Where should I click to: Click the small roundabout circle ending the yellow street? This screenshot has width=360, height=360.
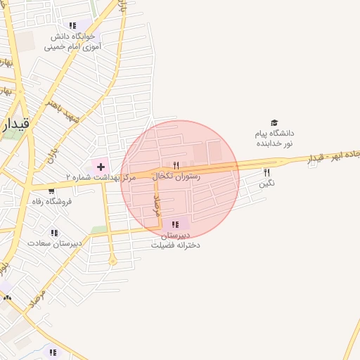point(112,261)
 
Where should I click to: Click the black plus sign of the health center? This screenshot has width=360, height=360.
point(101,167)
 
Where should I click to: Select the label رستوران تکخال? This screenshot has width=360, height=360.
point(176,176)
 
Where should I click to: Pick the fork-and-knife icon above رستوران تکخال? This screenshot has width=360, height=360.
point(176,166)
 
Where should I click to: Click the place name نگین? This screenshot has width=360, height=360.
point(266,183)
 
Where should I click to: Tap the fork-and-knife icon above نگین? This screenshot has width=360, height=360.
point(266,172)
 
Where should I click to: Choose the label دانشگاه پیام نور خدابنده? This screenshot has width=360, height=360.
point(274,138)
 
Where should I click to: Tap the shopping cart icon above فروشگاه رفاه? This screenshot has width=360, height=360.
point(51,191)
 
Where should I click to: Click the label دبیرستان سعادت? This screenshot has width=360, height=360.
point(55,243)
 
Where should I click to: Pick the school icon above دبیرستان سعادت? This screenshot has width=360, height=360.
point(54,232)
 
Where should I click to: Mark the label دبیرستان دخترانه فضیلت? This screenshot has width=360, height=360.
point(176,240)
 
